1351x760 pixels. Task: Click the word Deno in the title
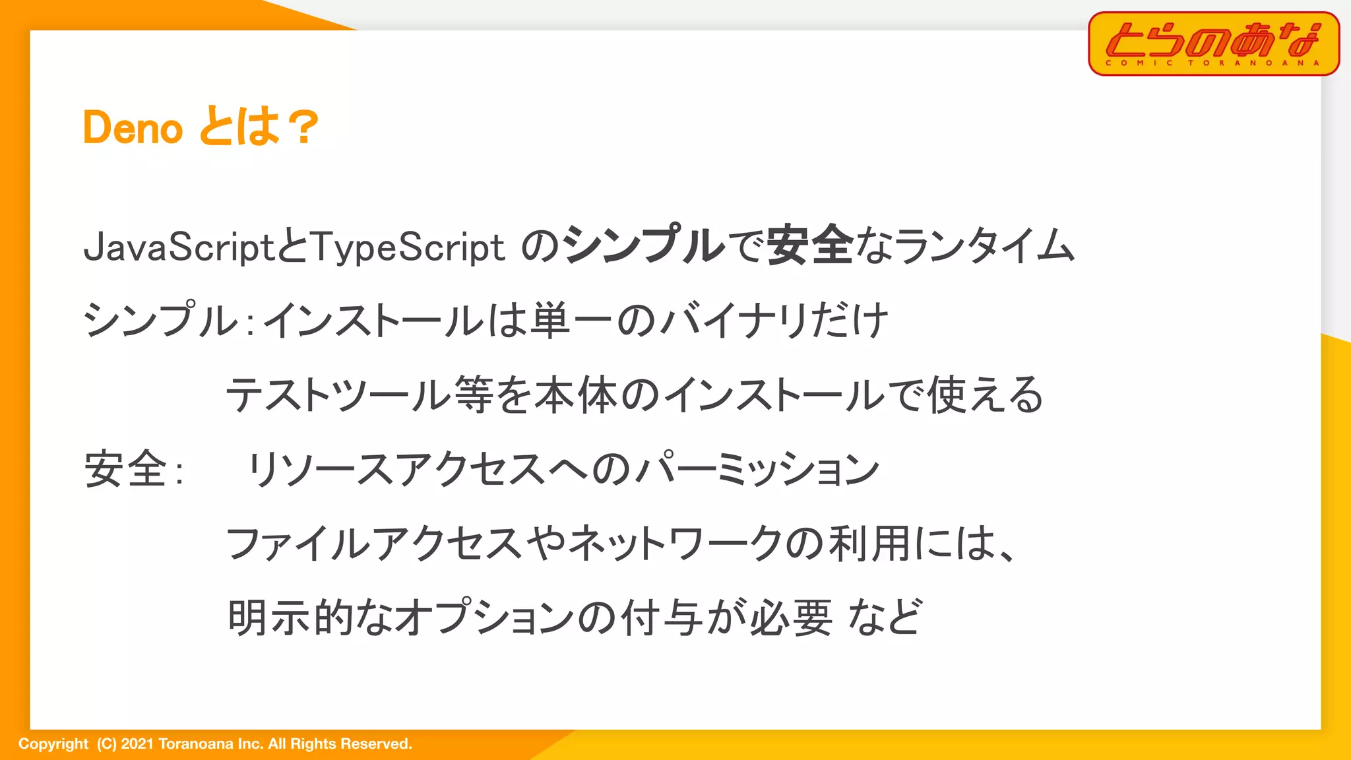(133, 127)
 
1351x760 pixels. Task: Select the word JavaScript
(179, 247)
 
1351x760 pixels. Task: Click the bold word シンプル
(644, 245)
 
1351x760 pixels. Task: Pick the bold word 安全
(810, 245)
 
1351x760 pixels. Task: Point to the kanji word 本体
(576, 395)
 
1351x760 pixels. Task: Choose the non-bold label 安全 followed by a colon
(125, 469)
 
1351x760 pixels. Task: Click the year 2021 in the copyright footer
(137, 744)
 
